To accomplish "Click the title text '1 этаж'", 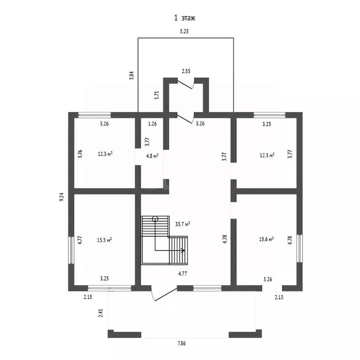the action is coord(185,18).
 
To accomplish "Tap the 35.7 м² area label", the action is coord(182,224).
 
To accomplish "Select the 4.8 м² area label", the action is coord(152,156).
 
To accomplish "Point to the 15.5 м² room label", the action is coord(105,240).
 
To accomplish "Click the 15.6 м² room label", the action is coord(266,239).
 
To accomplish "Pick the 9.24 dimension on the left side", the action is coord(61,197).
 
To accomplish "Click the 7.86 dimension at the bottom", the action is coord(181,344).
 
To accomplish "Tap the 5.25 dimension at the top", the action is coord(184,31).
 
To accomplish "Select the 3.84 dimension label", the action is coord(131,75).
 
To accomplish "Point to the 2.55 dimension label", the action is coord(186,71).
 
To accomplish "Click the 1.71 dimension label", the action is coord(157,95).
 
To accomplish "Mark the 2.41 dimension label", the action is coord(101,313).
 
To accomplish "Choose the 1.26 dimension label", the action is coord(152,124).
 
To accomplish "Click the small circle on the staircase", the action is coord(155,219).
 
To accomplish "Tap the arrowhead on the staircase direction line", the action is coord(183,250).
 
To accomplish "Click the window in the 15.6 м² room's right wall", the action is coord(300,248).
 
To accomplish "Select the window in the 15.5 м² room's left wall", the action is coord(71,250).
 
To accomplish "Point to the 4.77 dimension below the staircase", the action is coord(182,274).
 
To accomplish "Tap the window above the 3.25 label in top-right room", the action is coord(270,115).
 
